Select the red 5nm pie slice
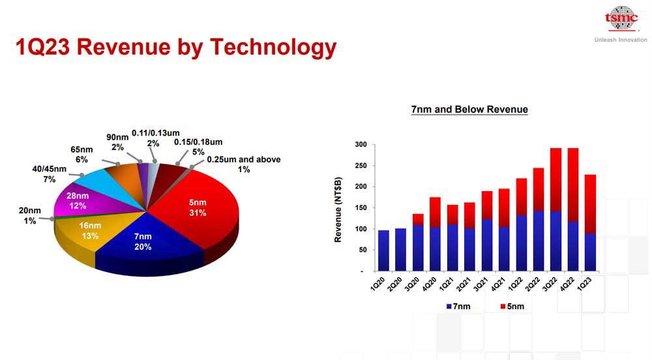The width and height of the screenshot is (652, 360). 195,209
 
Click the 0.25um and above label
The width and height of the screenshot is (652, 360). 243,164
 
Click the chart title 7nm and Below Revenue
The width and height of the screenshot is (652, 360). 469,110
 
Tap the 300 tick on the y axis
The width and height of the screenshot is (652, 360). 361,144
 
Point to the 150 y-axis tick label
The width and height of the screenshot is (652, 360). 361,207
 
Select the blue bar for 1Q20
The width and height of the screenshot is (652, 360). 383,250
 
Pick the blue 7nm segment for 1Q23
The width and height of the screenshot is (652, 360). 590,252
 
